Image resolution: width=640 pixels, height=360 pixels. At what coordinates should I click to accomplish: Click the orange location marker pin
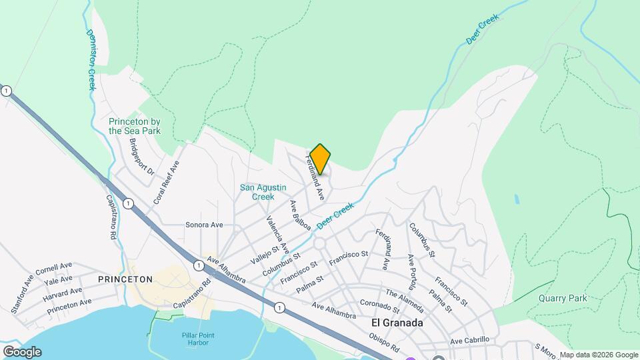click(x=320, y=159)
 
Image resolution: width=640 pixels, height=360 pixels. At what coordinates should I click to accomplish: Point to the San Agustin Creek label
click(x=257, y=192)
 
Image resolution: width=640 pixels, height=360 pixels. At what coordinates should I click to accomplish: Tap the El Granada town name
click(x=397, y=323)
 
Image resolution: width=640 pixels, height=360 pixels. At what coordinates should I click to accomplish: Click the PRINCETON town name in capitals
click(x=125, y=279)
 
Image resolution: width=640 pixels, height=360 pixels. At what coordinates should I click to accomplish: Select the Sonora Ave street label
click(x=204, y=225)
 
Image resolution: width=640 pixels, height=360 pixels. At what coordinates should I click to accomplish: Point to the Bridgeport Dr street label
click(x=141, y=157)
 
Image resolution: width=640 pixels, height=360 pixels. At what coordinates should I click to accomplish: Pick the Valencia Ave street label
click(x=277, y=233)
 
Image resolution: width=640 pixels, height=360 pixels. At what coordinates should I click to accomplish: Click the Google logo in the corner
click(x=22, y=351)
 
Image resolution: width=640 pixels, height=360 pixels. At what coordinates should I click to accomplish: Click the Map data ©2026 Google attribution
click(x=599, y=355)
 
